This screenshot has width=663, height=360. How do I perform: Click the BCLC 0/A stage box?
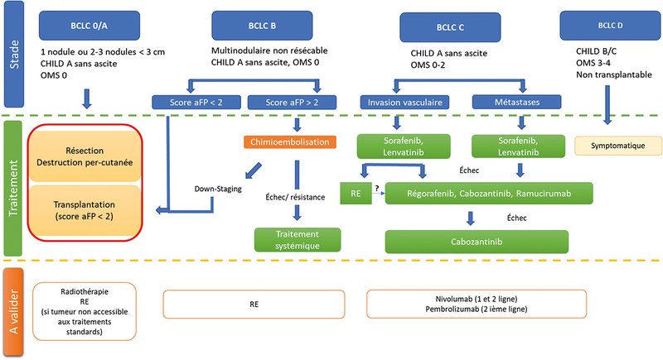pyautogui.click(x=90, y=26)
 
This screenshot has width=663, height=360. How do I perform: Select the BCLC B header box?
pyautogui.click(x=262, y=26)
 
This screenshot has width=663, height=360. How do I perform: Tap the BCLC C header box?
pyautogui.click(x=450, y=27)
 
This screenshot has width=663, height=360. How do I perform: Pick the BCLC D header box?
pyautogui.click(x=610, y=26)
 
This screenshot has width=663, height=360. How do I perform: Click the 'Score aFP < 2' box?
pyautogui.click(x=196, y=102)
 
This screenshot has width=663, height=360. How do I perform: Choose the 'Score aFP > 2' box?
pyautogui.click(x=292, y=102)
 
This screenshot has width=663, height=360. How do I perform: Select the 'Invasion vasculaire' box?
pyautogui.click(x=404, y=102)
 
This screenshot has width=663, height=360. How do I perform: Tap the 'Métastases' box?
pyautogui.click(x=516, y=102)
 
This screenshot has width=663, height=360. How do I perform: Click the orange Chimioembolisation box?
pyautogui.click(x=289, y=142)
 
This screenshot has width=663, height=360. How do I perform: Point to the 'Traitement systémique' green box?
pyautogui.click(x=298, y=240)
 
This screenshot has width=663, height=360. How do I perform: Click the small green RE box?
pyautogui.click(x=356, y=194)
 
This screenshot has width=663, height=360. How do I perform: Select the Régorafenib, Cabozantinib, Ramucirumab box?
pyautogui.click(x=489, y=194)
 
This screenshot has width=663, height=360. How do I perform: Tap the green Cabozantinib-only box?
pyautogui.click(x=477, y=242)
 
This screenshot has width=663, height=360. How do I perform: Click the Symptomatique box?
pyautogui.click(x=618, y=146)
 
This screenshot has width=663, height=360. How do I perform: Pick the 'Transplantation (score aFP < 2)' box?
pyautogui.click(x=85, y=210)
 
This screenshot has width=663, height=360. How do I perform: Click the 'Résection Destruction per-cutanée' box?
pyautogui.click(x=85, y=156)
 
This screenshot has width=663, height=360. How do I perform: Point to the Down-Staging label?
pyautogui.click(x=218, y=189)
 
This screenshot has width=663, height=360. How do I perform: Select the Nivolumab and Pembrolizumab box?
pyautogui.click(x=477, y=304)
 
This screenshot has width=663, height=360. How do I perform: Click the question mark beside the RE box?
pyautogui.click(x=377, y=188)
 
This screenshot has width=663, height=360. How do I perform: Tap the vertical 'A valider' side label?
pyautogui.click(x=13, y=312)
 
